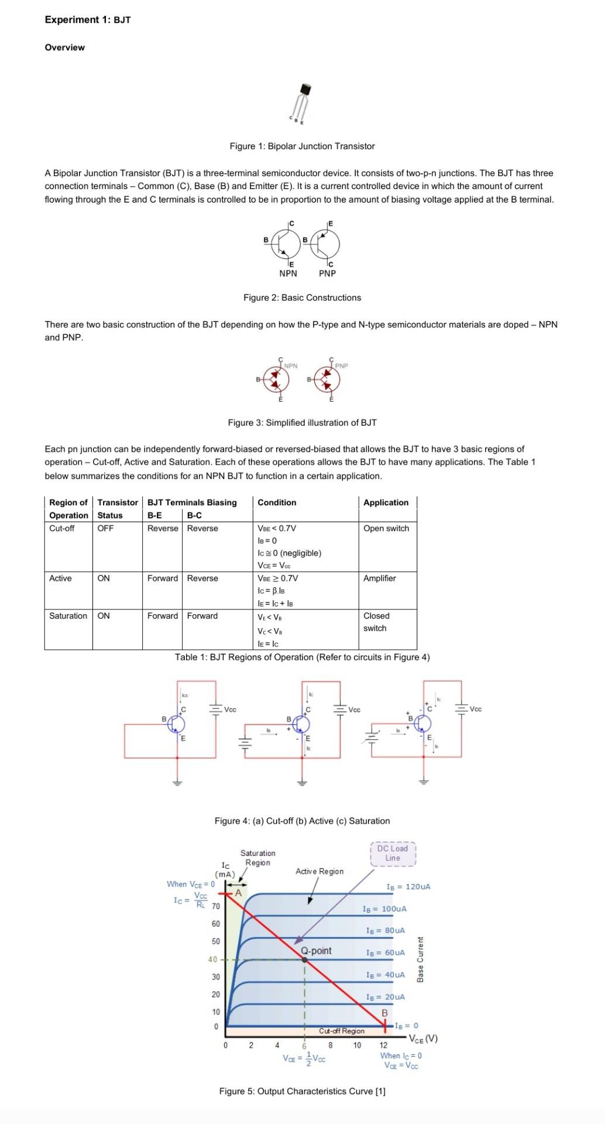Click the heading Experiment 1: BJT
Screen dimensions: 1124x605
tap(88, 20)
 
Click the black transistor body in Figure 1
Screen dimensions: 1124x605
tap(305, 89)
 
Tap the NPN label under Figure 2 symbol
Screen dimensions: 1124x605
tap(288, 273)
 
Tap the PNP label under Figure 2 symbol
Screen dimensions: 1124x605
tap(327, 273)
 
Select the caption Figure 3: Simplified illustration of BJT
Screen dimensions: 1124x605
tap(302, 423)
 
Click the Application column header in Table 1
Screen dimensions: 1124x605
tap(386, 502)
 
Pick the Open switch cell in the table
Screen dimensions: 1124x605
tap(386, 528)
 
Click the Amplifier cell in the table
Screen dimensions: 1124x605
tap(379, 578)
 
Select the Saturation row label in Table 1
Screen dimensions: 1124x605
tap(68, 616)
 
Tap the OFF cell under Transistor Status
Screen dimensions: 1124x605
tap(105, 528)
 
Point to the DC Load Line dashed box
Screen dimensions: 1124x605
tap(393, 853)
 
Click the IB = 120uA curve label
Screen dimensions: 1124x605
tap(408, 886)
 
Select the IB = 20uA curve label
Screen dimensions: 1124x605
tap(385, 996)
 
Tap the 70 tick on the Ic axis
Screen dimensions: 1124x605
tap(215, 907)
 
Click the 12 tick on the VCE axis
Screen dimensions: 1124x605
tap(383, 1045)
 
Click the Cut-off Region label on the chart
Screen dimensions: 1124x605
tap(342, 1031)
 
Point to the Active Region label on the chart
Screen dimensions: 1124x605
tap(319, 871)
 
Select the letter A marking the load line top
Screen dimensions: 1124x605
tap(238, 893)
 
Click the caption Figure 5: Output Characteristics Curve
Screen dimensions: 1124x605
tap(302, 1091)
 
